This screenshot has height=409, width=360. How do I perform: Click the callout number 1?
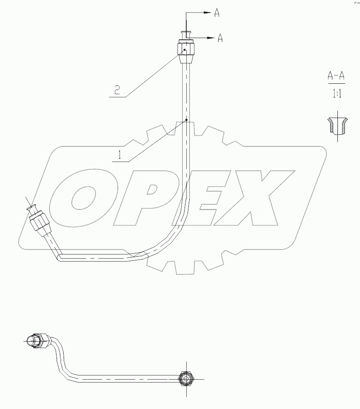pyautogui.click(x=120, y=155)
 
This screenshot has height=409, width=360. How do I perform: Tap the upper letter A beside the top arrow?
pyautogui.click(x=217, y=13)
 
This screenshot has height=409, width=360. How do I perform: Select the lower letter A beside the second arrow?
pyautogui.click(x=220, y=38)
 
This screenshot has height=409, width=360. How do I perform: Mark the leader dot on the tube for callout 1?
pyautogui.click(x=186, y=122)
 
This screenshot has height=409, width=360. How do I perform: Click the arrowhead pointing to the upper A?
pyautogui.click(x=206, y=13)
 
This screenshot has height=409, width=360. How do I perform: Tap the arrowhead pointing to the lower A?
pyautogui.click(x=211, y=38)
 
